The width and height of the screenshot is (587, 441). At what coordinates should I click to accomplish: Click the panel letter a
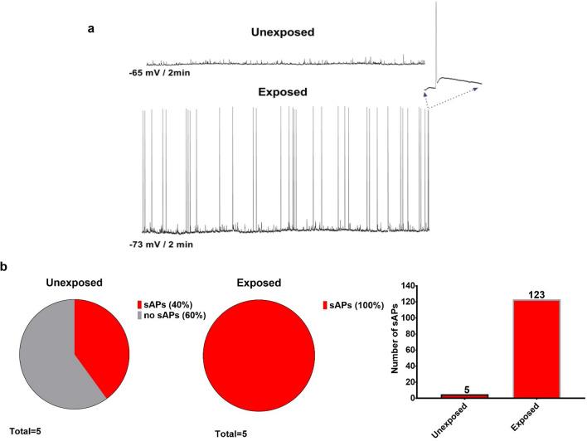(x=91, y=28)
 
